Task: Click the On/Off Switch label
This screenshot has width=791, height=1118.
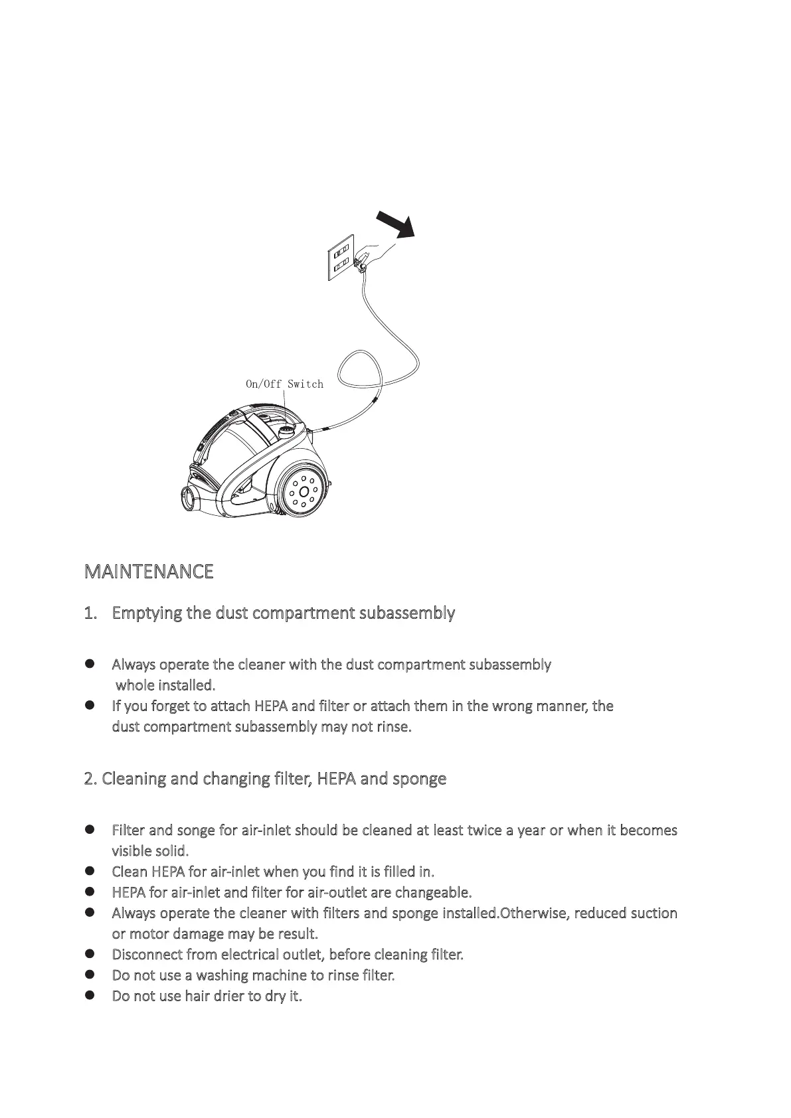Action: [x=284, y=384]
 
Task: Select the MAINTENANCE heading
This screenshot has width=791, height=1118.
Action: [x=149, y=572]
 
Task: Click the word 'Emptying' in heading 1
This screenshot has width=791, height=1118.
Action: [x=147, y=613]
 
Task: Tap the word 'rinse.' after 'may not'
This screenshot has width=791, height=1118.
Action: [x=394, y=727]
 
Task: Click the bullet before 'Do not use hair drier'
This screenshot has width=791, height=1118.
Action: [x=90, y=995]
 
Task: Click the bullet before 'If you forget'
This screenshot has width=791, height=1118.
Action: [x=90, y=705]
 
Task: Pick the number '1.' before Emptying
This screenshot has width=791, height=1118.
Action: [x=91, y=613]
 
